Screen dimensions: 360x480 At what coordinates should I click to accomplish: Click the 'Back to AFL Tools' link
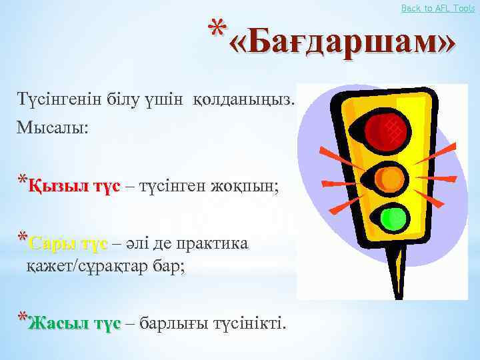point(438,7)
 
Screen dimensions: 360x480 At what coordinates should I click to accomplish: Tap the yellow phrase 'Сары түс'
point(69,244)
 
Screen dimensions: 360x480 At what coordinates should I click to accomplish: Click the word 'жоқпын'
point(249,187)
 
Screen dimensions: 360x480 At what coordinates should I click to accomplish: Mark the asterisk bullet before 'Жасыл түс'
point(22,319)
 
